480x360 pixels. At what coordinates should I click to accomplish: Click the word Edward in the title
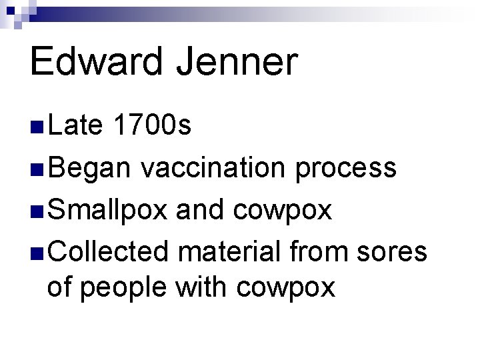point(100,62)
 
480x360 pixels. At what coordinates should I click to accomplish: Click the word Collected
point(111,251)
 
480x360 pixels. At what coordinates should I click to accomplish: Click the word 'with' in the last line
point(198,288)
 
